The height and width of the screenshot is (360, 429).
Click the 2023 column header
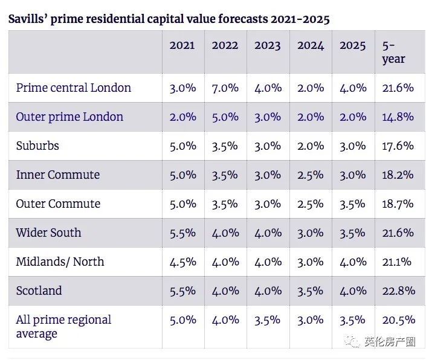pos(267,45)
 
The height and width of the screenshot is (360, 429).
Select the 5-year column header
pos(393,53)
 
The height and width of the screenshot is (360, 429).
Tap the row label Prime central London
pos(73,88)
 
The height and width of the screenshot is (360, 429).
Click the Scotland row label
pos(39,291)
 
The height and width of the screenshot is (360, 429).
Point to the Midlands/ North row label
pos(60,262)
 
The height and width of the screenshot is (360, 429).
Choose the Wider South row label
pos(48,233)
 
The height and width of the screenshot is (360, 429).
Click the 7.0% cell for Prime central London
pos(225,88)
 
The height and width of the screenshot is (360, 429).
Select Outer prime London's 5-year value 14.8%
pos(398,117)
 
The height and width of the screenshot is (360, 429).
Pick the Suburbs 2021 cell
pos(182,146)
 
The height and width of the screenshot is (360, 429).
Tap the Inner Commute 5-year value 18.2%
pos(398,175)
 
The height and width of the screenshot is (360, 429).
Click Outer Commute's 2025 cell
pos(352,204)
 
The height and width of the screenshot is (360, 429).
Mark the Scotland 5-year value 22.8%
pos(399,291)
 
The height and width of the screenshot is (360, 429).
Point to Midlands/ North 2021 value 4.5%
pos(182,262)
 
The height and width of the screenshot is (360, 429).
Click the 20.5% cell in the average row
pos(399,320)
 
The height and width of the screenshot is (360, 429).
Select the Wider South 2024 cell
pos(311,233)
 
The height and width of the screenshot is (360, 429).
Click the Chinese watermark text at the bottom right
pos(390,341)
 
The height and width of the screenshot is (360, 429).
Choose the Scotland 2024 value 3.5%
pos(310,291)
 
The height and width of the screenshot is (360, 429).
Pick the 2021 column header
pos(182,45)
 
